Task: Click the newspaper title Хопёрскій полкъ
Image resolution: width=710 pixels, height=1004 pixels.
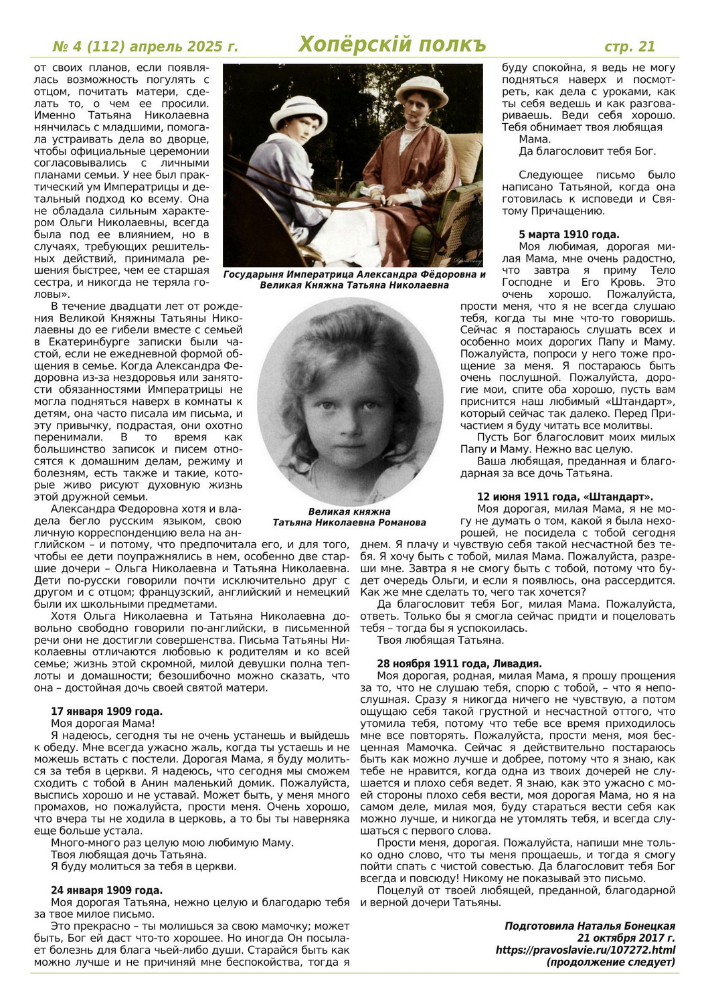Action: [x=391, y=45]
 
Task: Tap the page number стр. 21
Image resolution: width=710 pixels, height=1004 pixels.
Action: [x=629, y=46]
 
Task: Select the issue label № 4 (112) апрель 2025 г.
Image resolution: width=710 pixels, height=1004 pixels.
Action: [x=145, y=46]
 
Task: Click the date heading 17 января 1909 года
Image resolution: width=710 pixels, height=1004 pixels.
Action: [x=106, y=712]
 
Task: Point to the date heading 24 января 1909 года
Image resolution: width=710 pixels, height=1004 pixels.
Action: [x=106, y=890]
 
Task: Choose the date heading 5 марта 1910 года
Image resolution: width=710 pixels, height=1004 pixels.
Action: [x=569, y=234]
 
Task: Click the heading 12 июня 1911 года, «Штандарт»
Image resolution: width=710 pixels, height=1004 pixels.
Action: [x=565, y=497]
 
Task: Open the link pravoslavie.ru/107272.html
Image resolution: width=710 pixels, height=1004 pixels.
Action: [x=585, y=950]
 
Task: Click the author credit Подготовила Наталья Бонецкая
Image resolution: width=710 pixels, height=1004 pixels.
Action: [x=590, y=926]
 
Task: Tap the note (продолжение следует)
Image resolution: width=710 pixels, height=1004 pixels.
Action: [x=610, y=962]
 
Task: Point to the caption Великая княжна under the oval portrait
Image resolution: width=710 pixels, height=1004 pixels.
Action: [x=349, y=511]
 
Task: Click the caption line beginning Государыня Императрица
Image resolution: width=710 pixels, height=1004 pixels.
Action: [x=354, y=274]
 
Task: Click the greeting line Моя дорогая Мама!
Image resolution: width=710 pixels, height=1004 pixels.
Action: [x=103, y=724]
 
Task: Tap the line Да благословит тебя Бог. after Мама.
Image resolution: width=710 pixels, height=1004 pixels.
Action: [x=587, y=151]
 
